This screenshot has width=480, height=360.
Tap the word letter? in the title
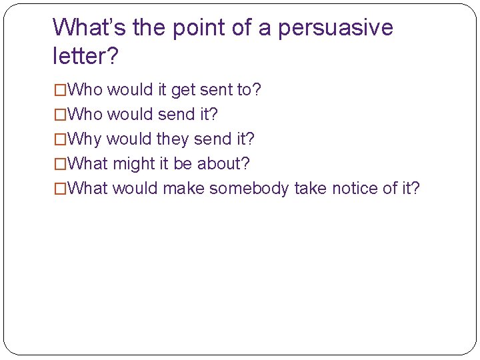[x=85, y=57]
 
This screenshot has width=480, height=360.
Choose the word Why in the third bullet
[x=85, y=139]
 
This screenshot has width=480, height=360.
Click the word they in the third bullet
[x=173, y=139]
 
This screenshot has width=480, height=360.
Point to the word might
[x=133, y=163]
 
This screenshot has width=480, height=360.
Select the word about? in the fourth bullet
[x=223, y=163]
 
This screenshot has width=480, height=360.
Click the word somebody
[x=249, y=188]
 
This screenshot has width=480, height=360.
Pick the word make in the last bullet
[x=183, y=188]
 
